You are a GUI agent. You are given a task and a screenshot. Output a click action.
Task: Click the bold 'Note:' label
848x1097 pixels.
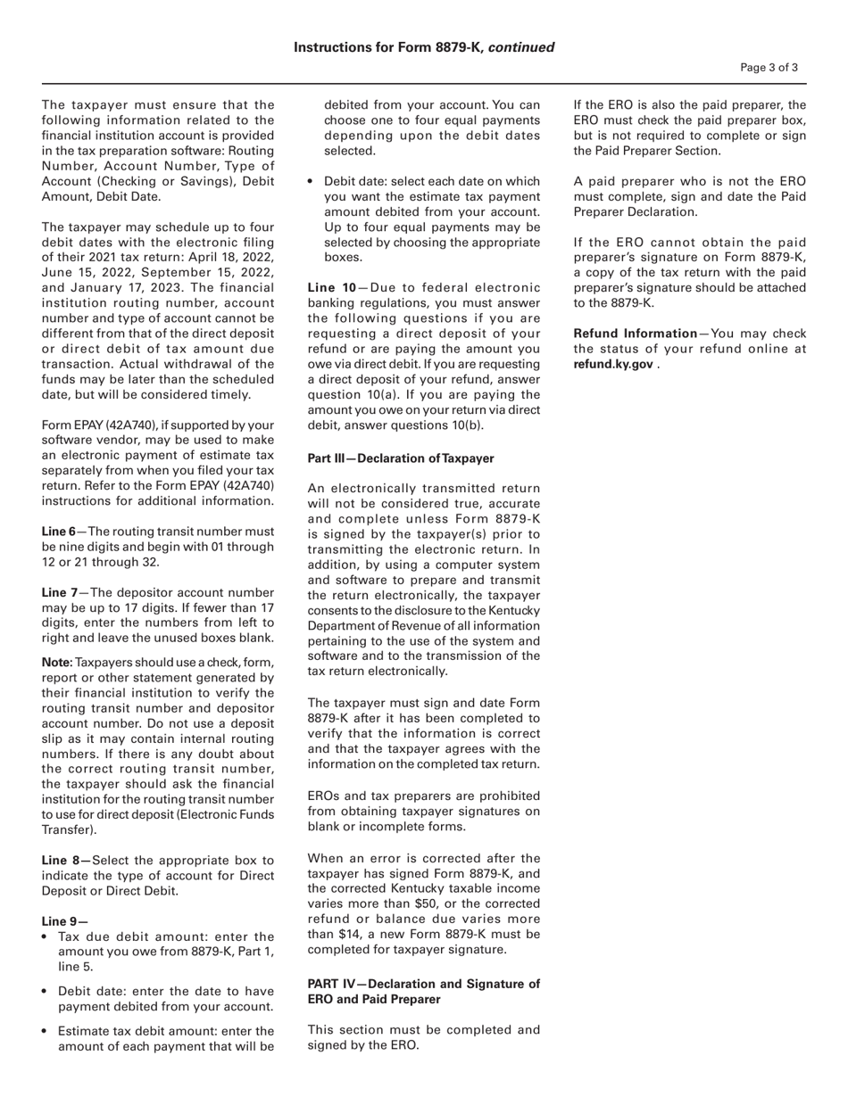click(x=57, y=663)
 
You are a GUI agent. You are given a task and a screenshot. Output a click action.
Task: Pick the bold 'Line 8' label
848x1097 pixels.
click(x=65, y=861)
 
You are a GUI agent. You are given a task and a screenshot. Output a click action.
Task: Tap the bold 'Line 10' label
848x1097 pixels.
click(x=332, y=287)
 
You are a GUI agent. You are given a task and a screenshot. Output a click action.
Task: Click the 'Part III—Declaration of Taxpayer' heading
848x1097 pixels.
click(x=400, y=458)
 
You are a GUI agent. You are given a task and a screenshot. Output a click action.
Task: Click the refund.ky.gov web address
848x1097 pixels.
click(x=612, y=364)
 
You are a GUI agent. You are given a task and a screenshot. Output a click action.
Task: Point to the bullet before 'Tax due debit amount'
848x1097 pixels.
click(x=45, y=937)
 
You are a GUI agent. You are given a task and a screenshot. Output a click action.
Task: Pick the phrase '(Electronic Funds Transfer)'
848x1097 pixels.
click(x=157, y=822)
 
